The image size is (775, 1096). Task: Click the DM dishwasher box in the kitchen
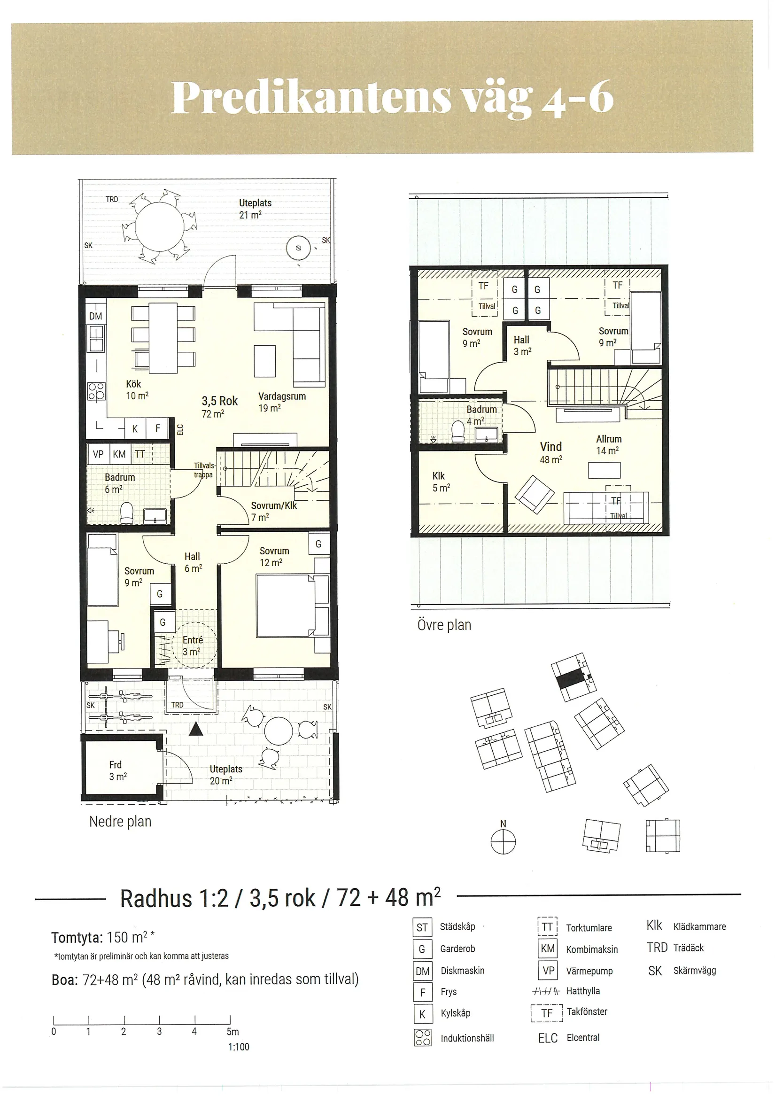point(96,315)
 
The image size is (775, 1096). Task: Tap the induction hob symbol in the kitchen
point(96,390)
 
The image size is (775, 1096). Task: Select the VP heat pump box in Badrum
point(98,454)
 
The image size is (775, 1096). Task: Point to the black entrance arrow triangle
point(196,729)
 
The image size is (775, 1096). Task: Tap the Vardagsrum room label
point(282,396)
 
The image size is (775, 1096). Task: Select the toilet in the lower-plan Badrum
point(127,513)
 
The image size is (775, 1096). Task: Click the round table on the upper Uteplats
point(160,226)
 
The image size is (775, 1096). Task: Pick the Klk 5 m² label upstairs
point(442,482)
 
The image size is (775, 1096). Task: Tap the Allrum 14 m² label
point(608,444)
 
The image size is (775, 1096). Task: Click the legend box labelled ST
point(422,927)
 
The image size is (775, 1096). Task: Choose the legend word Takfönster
point(587,1011)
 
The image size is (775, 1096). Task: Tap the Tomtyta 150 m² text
point(103,938)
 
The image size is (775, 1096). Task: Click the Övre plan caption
point(444,625)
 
